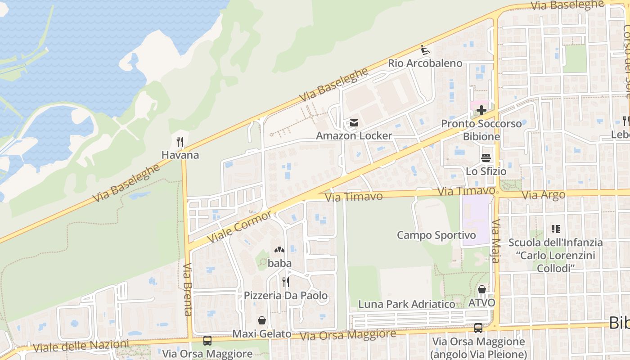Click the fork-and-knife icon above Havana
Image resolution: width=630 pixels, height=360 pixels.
click(180, 142)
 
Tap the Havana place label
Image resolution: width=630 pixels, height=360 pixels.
click(180, 155)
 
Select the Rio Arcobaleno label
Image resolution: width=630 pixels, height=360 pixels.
click(425, 63)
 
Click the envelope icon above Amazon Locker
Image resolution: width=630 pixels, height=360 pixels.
click(354, 123)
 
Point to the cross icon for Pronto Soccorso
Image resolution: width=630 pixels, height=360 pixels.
click(481, 110)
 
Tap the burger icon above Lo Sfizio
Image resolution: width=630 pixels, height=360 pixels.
click(486, 158)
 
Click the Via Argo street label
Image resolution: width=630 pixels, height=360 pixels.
click(544, 195)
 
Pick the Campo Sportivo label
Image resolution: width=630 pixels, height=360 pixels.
click(436, 235)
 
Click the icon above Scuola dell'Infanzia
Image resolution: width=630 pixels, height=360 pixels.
click(555, 229)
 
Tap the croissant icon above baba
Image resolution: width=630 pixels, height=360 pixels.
click(279, 250)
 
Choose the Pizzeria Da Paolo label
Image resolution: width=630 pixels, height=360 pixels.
click(286, 296)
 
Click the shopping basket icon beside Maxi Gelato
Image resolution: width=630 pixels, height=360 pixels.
click(262, 320)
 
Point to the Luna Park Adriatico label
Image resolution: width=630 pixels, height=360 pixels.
click(406, 304)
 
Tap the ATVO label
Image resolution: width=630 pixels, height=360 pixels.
click(481, 302)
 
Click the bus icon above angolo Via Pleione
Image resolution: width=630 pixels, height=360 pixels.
click(478, 328)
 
